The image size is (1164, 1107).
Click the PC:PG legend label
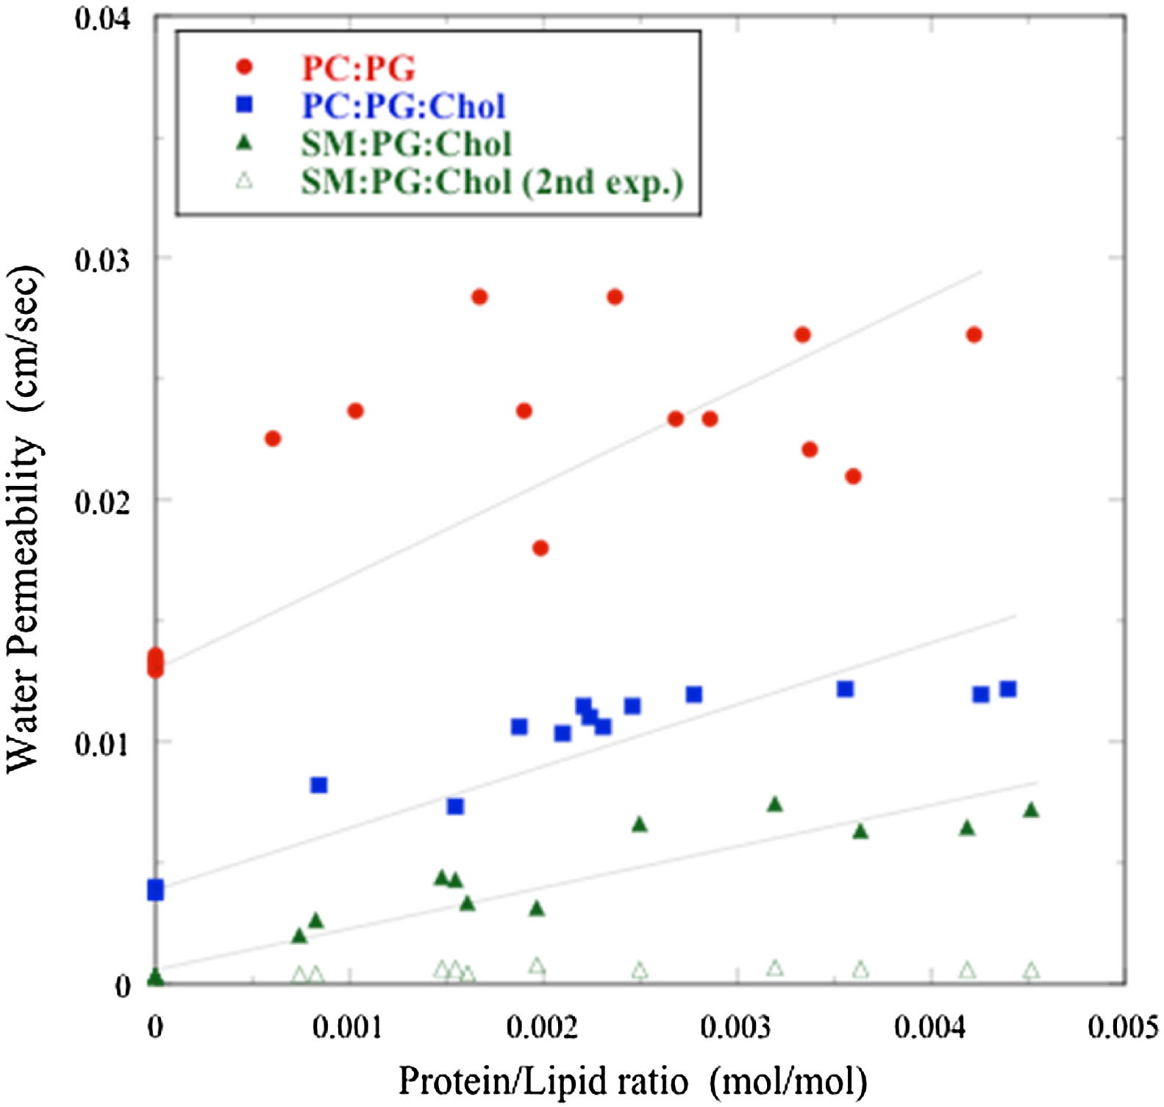(x=359, y=68)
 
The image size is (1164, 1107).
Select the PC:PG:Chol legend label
(x=404, y=106)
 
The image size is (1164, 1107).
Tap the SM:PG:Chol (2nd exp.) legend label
(x=492, y=182)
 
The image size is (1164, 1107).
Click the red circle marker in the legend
(x=244, y=68)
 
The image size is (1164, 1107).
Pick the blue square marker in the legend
(x=244, y=105)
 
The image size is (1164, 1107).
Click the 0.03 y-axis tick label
(x=103, y=259)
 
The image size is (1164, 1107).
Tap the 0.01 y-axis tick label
(x=103, y=743)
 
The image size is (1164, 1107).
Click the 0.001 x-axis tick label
(x=348, y=1027)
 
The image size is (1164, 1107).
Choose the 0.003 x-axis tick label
(x=736, y=1027)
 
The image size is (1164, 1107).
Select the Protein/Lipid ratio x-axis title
(x=632, y=1081)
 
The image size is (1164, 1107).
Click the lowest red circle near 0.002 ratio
(x=540, y=548)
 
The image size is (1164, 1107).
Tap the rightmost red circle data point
(x=974, y=335)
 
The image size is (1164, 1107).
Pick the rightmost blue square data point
(x=1008, y=689)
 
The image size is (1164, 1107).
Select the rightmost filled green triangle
(x=1031, y=810)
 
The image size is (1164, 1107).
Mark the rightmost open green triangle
(x=1032, y=971)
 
